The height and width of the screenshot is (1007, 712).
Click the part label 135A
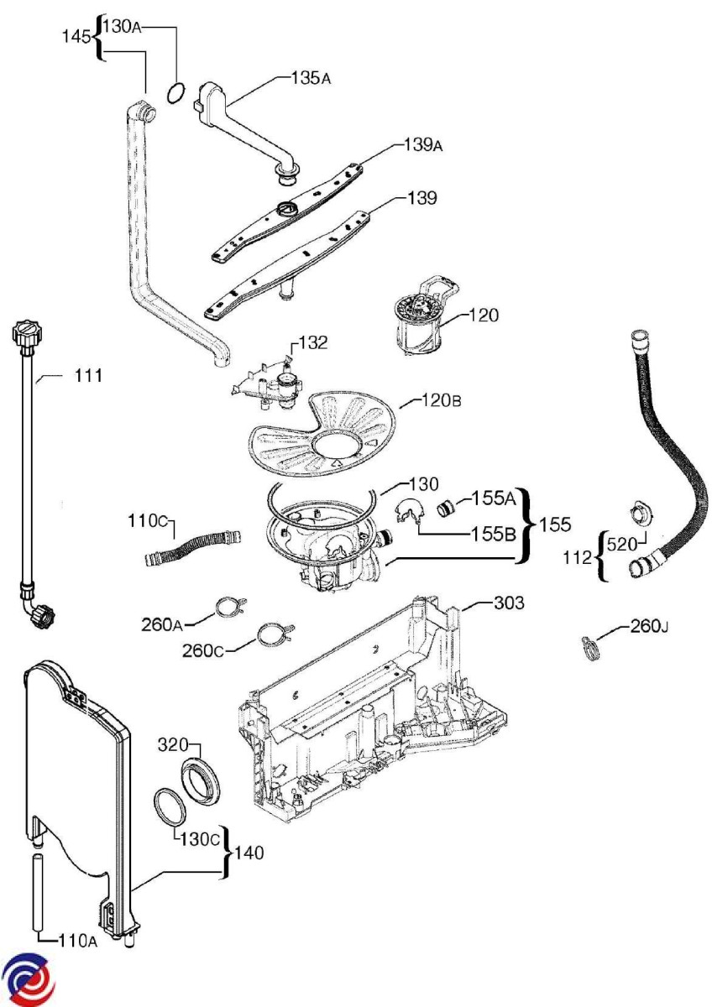[311, 79]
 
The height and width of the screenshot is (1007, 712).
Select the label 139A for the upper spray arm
[423, 145]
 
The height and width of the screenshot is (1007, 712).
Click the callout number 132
[311, 342]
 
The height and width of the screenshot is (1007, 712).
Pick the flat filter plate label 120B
[442, 400]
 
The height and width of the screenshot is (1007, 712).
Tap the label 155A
[493, 498]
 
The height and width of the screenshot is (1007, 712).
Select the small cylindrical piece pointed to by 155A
[446, 509]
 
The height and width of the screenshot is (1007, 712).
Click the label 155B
[493, 534]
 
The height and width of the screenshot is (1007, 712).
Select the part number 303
[509, 603]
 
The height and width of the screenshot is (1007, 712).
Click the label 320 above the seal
[173, 745]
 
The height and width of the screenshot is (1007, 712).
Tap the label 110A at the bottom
[77, 940]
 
